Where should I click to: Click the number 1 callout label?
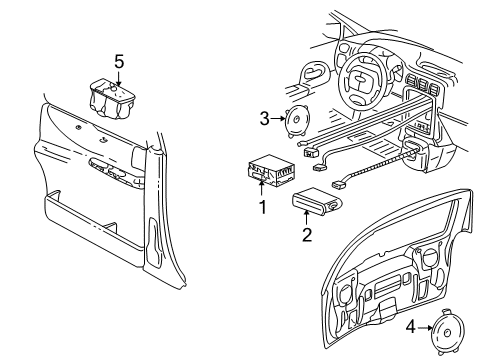[262, 206]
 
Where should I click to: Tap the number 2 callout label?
[308, 235]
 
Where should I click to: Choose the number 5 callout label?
[119, 62]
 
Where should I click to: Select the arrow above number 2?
[308, 219]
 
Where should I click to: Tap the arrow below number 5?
[119, 80]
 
